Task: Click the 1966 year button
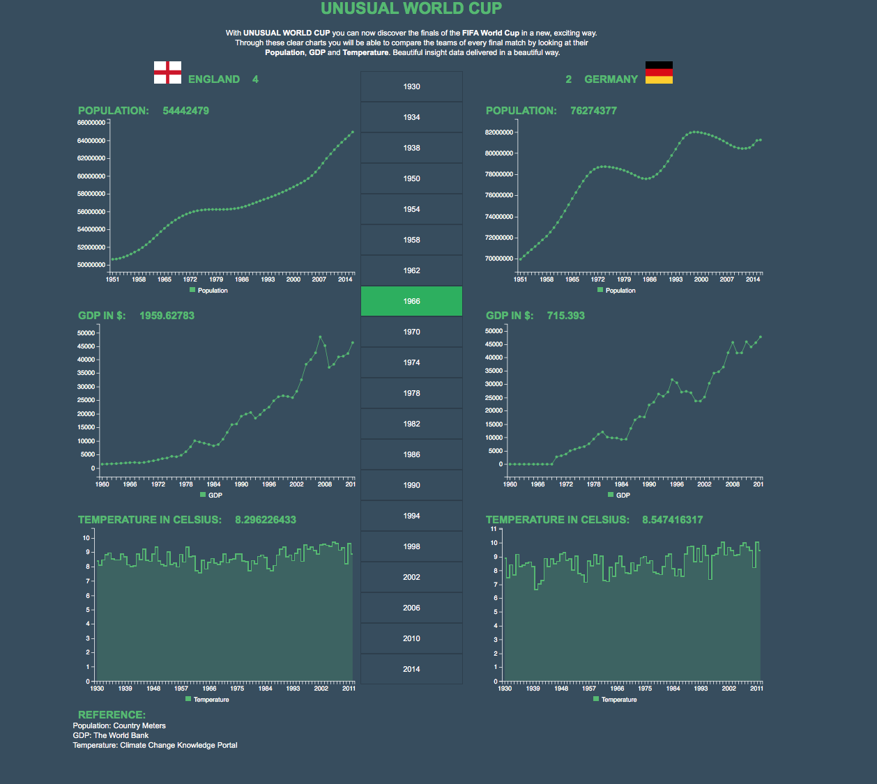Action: (x=411, y=301)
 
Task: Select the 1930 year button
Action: (x=411, y=86)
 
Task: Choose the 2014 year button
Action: (x=411, y=669)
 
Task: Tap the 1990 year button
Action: (x=411, y=485)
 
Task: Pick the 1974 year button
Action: (x=411, y=362)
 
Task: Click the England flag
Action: (x=167, y=72)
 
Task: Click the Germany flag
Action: (x=659, y=72)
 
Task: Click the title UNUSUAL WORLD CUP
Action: (x=411, y=9)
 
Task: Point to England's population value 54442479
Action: (x=185, y=111)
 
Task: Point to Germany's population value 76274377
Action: (x=593, y=111)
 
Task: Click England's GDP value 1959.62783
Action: (x=167, y=316)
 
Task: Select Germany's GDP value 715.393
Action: (x=565, y=316)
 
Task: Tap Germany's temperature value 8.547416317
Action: (x=672, y=520)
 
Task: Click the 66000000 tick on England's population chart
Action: (x=91, y=123)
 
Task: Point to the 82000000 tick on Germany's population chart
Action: (x=499, y=132)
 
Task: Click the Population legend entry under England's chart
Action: (x=209, y=291)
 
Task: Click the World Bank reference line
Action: (x=111, y=735)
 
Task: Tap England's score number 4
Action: (x=255, y=79)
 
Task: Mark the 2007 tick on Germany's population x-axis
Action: (x=727, y=279)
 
